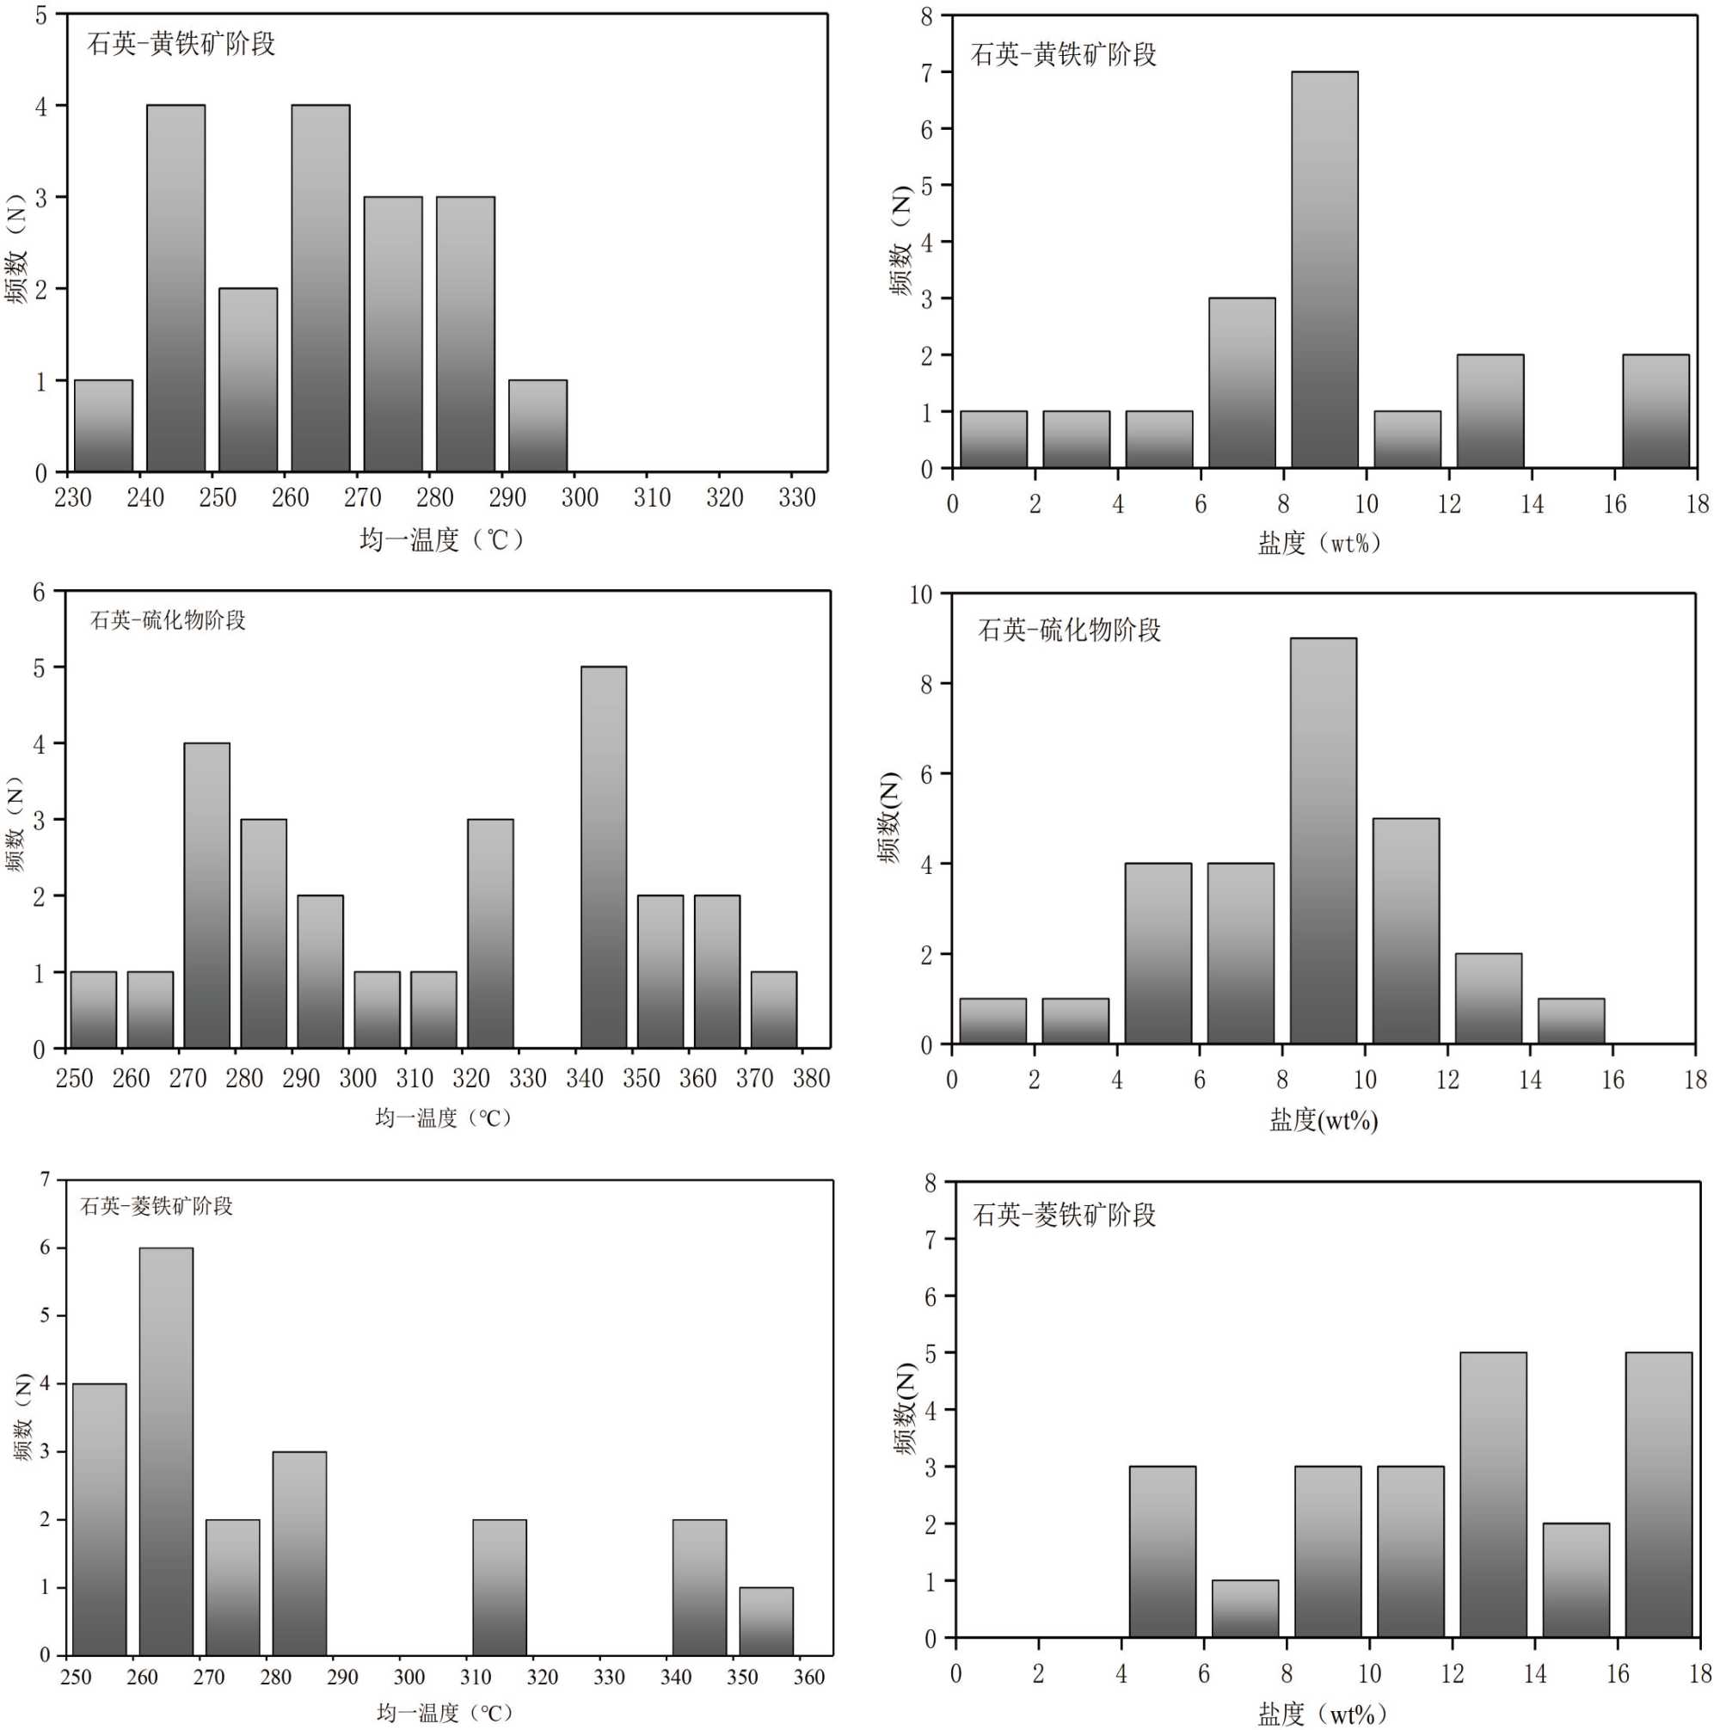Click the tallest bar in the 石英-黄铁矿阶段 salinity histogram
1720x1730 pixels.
pyautogui.click(x=1324, y=269)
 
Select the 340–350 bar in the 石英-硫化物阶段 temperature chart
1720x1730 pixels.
pyautogui.click(x=604, y=857)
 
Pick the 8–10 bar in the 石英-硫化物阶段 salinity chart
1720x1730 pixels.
pyautogui.click(x=1323, y=840)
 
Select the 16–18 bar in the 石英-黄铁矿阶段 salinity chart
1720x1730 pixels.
pyautogui.click(x=1655, y=411)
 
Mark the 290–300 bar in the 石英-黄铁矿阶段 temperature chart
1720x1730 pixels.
pyautogui.click(x=537, y=426)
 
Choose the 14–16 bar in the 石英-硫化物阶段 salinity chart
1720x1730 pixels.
pyautogui.click(x=1570, y=1021)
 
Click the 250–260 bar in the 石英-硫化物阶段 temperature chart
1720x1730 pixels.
pyautogui.click(x=93, y=1009)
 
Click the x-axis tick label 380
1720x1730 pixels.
pyautogui.click(x=810, y=1078)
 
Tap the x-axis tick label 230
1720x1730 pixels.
pyautogui.click(x=72, y=498)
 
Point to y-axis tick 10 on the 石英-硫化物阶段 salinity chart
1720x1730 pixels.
pyautogui.click(x=919, y=594)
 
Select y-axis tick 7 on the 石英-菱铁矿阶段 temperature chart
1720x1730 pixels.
pyautogui.click(x=45, y=1179)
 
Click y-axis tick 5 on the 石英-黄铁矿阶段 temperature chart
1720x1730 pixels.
pyautogui.click(x=40, y=15)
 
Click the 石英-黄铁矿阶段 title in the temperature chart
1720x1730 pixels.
pyautogui.click(x=181, y=44)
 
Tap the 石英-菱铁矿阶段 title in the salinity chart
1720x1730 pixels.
pyautogui.click(x=1065, y=1214)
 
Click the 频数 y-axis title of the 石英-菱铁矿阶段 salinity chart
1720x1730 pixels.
pyautogui.click(x=906, y=1409)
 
